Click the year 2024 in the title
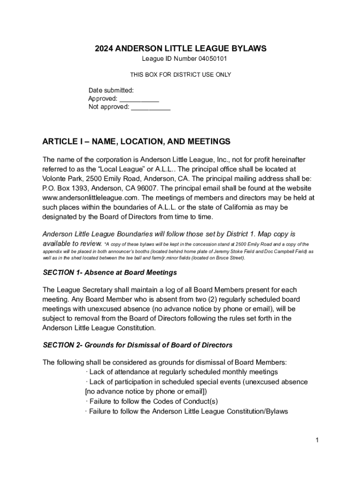[104, 49]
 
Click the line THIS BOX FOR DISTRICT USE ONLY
[180, 74]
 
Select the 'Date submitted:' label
[111, 90]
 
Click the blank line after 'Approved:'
[139, 99]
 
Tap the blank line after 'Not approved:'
[151, 108]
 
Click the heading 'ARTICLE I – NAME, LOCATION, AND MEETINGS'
[137, 141]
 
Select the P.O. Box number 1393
[76, 188]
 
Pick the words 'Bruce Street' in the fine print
[229, 258]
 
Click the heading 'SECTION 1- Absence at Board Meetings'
[110, 272]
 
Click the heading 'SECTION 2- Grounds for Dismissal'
[137, 345]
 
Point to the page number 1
[317, 440]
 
